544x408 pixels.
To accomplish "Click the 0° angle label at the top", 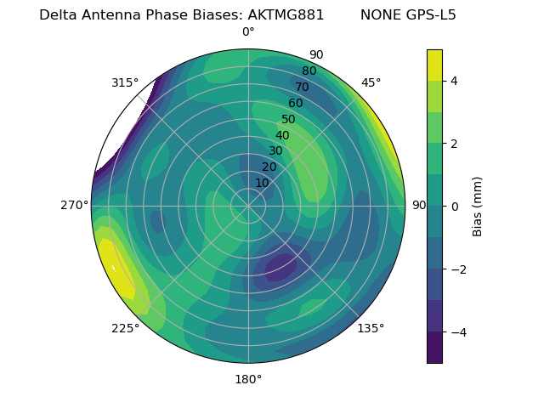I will (248, 32).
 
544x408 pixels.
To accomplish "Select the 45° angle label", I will (371, 82).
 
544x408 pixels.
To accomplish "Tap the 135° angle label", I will (371, 328).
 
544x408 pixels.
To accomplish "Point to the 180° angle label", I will (248, 379).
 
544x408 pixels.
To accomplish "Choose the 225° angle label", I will (125, 328).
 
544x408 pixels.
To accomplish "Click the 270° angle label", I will (74, 205).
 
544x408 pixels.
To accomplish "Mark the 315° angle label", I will (125, 82).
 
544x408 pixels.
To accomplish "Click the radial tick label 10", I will (262, 184).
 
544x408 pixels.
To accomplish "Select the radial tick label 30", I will (275, 151).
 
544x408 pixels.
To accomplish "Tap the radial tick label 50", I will (289, 120).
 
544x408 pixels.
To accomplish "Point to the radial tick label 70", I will (302, 88).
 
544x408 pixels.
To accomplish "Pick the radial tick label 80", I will (309, 71).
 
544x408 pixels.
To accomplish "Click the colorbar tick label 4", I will (455, 81).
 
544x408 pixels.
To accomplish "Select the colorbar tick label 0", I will (455, 207).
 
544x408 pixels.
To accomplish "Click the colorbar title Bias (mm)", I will (478, 207).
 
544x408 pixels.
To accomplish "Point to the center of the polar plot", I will (248, 206).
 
